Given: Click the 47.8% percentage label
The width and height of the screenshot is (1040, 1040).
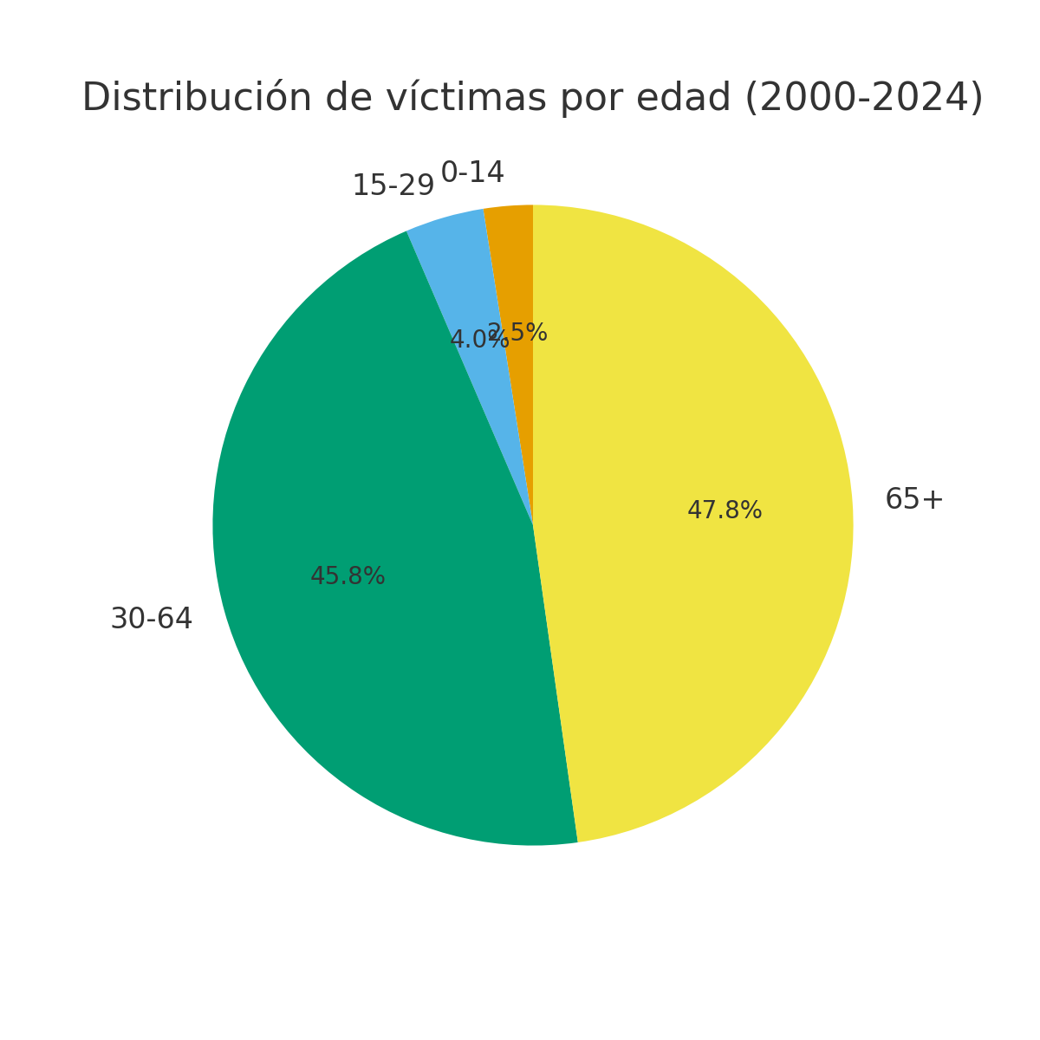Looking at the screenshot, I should coord(725,511).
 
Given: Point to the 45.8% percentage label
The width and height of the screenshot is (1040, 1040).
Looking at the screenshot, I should coord(348,576).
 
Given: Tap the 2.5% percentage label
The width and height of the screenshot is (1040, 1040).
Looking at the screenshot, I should coord(523,333).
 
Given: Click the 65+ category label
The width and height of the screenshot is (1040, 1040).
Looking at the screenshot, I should coord(913,500).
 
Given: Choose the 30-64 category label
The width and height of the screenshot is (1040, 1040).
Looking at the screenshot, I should coord(152,620).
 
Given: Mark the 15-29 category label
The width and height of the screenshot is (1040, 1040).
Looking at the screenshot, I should coord(393,186).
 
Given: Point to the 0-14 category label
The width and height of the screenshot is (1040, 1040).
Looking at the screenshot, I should coord(472,173).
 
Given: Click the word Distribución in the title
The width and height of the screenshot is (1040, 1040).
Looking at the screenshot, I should coord(197,98).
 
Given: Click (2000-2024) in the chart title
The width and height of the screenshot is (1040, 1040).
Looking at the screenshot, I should coord(864,98).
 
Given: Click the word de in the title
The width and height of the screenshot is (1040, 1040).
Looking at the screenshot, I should coord(344,98).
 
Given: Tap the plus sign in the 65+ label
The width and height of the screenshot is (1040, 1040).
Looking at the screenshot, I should coord(933,501).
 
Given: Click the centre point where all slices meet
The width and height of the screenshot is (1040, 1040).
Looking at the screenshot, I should coord(533,525).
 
